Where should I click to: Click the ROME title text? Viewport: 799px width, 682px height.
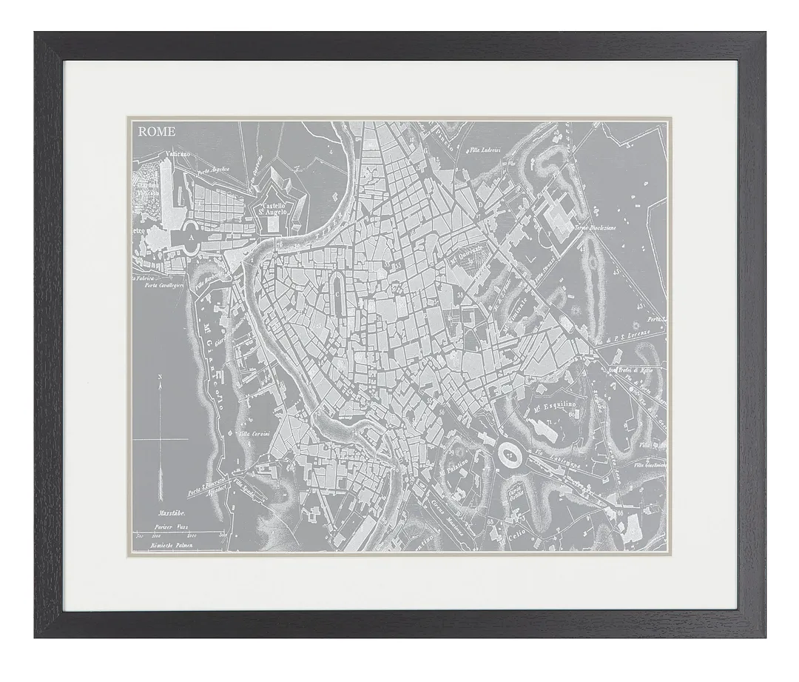click(x=156, y=132)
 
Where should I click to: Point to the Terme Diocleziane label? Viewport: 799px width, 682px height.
click(x=596, y=228)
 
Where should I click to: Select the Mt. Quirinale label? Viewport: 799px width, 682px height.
click(x=468, y=255)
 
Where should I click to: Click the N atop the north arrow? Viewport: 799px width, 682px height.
click(x=160, y=378)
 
